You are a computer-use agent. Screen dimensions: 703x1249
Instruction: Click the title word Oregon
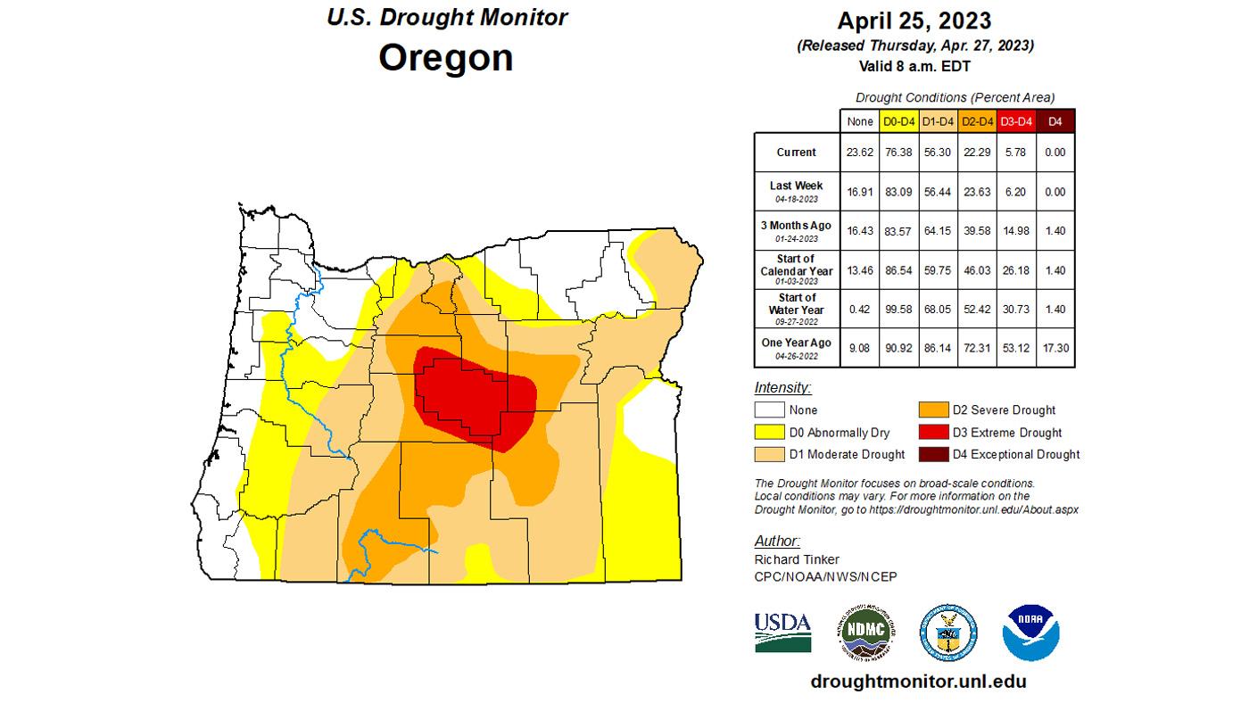(x=445, y=58)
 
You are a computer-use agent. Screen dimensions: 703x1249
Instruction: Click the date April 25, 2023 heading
(x=914, y=21)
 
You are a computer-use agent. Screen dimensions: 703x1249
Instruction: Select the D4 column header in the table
(x=1055, y=121)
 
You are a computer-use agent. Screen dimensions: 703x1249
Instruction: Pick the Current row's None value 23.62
(x=860, y=153)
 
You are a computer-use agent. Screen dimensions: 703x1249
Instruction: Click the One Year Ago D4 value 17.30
(x=1055, y=348)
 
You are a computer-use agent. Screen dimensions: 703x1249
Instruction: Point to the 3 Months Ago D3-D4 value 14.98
(x=1016, y=231)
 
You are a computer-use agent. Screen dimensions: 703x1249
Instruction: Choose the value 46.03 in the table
(x=978, y=269)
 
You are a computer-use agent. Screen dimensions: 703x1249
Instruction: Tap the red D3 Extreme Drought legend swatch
(x=933, y=433)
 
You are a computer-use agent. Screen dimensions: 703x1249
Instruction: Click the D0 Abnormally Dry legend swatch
(x=769, y=433)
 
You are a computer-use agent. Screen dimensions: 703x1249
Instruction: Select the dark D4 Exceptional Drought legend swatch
(x=933, y=454)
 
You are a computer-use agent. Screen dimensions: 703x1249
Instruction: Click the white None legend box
(x=769, y=410)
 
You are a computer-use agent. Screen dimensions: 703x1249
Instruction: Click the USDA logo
(x=782, y=633)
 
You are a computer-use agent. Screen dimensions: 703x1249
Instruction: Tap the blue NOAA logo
(x=1030, y=633)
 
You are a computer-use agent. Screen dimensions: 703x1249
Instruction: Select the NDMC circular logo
(x=865, y=633)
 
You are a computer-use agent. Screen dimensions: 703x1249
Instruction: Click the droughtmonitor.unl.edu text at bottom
(x=918, y=682)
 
